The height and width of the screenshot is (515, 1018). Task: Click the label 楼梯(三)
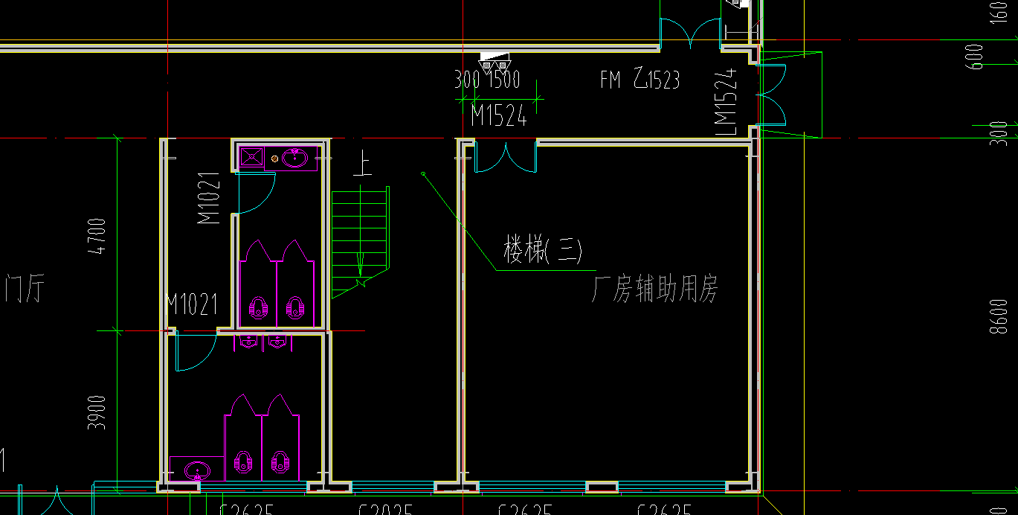coord(542,249)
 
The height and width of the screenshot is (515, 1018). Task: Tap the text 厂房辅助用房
coord(654,290)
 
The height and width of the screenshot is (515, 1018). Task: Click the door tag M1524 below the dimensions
coord(499,116)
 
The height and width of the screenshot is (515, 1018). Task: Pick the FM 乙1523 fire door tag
coord(640,79)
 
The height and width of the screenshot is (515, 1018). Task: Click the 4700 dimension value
coord(97,237)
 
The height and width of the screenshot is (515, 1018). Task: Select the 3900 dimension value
coord(97,412)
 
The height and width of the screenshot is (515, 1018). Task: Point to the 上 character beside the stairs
coord(363,163)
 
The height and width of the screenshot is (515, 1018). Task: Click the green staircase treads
coord(360,231)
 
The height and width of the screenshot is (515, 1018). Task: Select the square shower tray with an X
coord(251,157)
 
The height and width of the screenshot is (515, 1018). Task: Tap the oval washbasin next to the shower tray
coord(295,158)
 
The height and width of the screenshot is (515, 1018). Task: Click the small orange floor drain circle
coord(274,159)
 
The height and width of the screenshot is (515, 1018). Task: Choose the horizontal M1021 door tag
coord(192,304)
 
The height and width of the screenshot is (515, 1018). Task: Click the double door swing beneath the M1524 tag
coord(505,158)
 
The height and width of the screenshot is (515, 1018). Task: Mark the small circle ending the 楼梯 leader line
coord(423,174)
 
